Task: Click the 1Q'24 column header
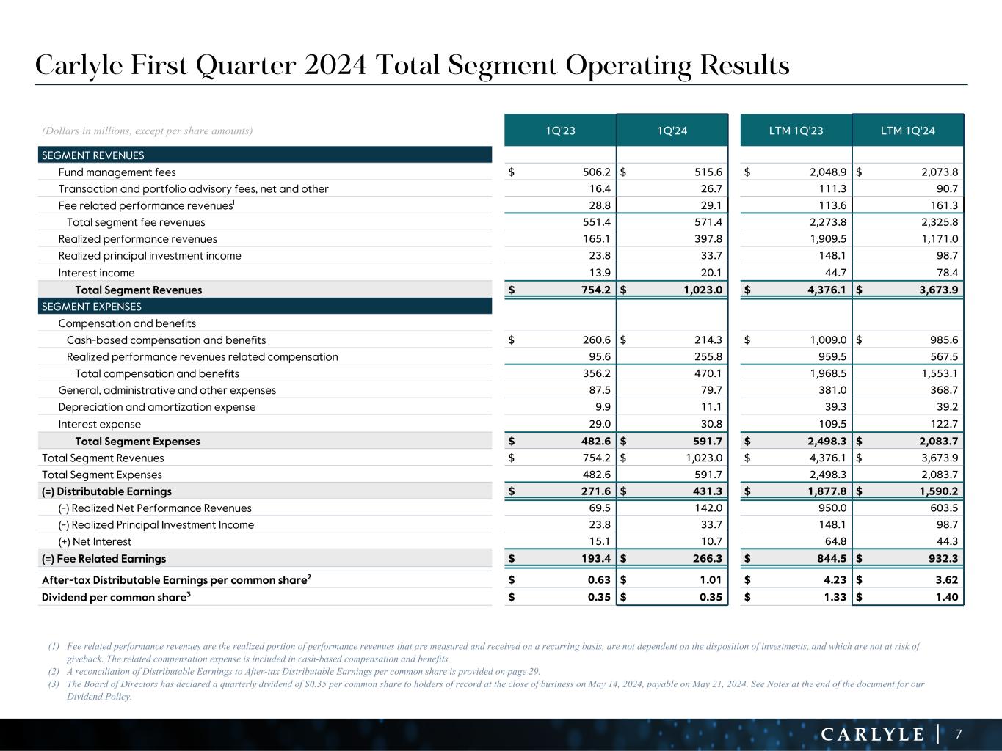pos(672,131)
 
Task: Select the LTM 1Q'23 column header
pos(796,131)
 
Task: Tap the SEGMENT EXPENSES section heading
pos(92,307)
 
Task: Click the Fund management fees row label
pos(117,172)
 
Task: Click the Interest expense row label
pos(99,424)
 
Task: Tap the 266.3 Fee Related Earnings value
pos(708,559)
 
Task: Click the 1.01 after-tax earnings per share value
pos(712,580)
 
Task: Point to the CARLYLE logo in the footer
pos(872,734)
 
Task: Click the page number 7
pos(958,734)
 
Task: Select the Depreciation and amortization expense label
pos(157,407)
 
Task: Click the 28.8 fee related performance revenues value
pos(599,206)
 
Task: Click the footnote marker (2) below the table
pos(54,671)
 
